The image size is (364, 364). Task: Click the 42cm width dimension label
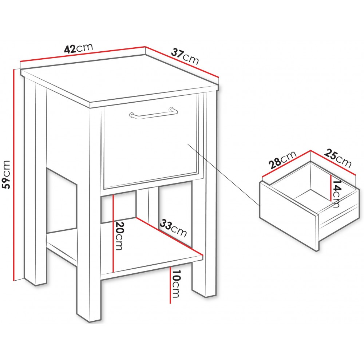click(x=79, y=48)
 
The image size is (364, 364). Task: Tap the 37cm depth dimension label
click(x=185, y=56)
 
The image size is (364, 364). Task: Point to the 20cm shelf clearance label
click(x=119, y=236)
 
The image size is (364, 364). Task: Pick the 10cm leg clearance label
click(x=176, y=284)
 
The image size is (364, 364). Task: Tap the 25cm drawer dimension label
click(x=337, y=158)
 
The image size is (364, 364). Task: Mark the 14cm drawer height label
click(x=336, y=194)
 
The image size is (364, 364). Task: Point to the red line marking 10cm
click(x=170, y=285)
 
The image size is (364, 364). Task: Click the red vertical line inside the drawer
click(x=331, y=188)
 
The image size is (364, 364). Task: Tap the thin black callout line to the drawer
click(x=223, y=175)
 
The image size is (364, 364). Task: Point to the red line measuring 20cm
click(x=113, y=234)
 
